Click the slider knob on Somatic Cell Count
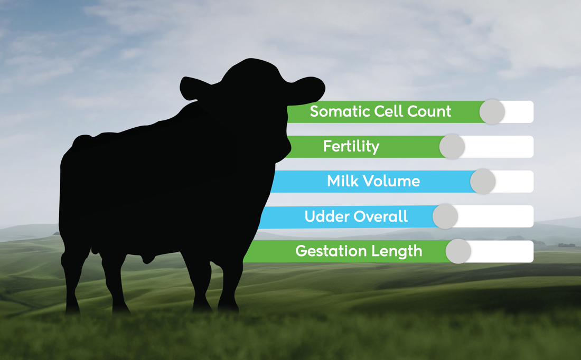coord(492,112)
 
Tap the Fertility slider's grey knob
coord(452,147)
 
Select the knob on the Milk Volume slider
coord(483,182)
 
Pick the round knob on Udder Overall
coord(445,216)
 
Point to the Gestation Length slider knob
coord(458,251)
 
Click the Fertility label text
coord(351,146)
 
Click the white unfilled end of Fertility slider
coord(499,147)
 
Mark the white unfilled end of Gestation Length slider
coord(502,251)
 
